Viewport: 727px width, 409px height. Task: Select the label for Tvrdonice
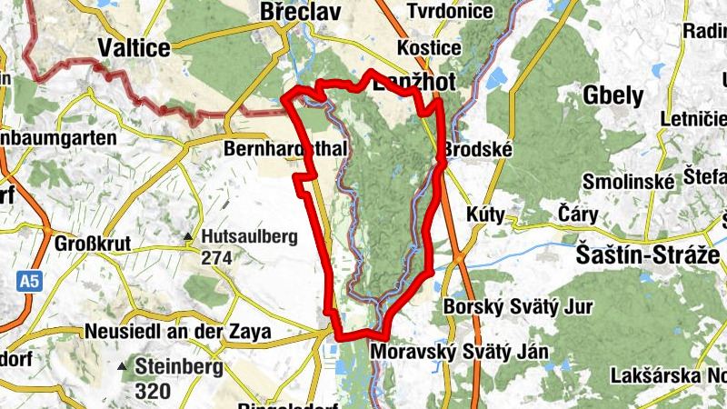450,12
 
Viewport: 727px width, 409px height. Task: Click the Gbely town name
613,95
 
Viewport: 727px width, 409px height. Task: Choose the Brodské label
478,149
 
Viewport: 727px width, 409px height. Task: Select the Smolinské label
626,180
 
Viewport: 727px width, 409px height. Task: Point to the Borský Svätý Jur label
517,307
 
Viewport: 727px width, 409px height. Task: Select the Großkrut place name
93,244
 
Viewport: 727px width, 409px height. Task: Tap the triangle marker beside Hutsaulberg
187,238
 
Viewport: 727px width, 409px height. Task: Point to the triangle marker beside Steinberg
121,367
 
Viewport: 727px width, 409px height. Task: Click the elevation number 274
216,257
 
